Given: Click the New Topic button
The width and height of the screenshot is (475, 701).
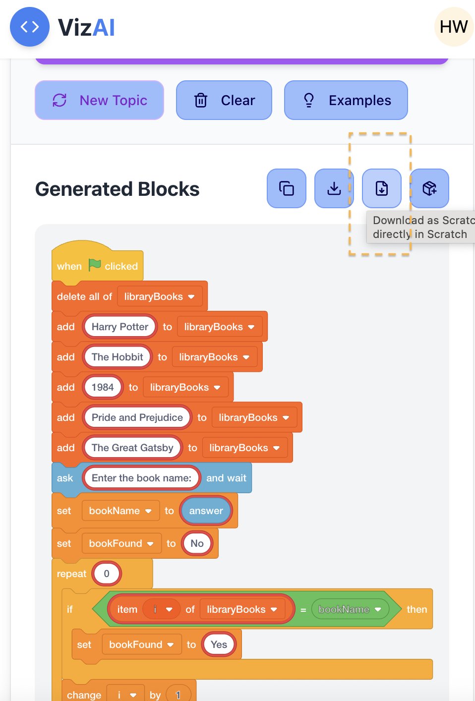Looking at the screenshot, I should pyautogui.click(x=99, y=100).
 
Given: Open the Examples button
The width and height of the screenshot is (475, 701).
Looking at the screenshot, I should pyautogui.click(x=346, y=100).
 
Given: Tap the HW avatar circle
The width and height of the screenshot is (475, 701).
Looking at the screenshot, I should pyautogui.click(x=454, y=27).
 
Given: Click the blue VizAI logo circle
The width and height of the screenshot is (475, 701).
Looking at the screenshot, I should pyautogui.click(x=30, y=27).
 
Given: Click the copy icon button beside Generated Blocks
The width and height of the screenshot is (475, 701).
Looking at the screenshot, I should pyautogui.click(x=287, y=188).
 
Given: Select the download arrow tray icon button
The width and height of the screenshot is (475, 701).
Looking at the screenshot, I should pyautogui.click(x=334, y=188).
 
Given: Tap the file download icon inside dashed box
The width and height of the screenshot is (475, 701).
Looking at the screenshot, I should pyautogui.click(x=382, y=188).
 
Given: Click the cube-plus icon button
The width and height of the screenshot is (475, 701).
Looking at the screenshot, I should pyautogui.click(x=429, y=188).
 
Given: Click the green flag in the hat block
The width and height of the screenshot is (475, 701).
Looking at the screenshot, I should pyautogui.click(x=94, y=265).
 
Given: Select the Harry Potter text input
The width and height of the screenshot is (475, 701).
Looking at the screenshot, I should pyautogui.click(x=120, y=327).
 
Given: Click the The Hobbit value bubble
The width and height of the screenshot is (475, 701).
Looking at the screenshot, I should pyautogui.click(x=117, y=357).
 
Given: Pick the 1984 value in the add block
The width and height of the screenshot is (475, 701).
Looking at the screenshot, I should pyautogui.click(x=103, y=387).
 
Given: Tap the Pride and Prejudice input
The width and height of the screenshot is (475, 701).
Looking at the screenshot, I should pyautogui.click(x=137, y=417).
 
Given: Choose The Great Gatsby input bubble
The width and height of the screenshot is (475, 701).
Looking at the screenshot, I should pyautogui.click(x=132, y=448).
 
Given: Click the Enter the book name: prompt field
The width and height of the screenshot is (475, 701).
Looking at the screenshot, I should pyautogui.click(x=141, y=478).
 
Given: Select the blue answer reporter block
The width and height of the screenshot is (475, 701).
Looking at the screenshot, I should pyautogui.click(x=206, y=511).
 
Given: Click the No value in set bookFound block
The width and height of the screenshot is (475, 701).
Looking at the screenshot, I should pyautogui.click(x=197, y=543).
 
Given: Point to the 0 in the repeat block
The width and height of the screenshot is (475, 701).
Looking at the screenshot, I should pyautogui.click(x=107, y=574).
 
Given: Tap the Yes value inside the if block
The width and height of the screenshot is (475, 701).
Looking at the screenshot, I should pyautogui.click(x=219, y=644).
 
